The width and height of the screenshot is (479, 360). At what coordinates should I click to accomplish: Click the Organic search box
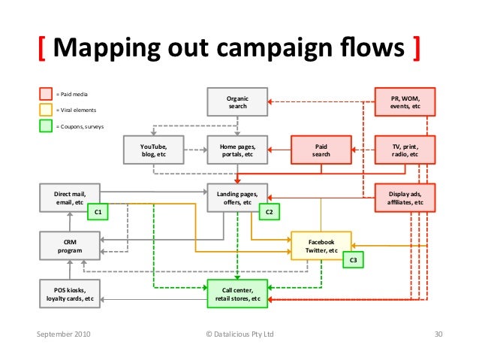(237, 103)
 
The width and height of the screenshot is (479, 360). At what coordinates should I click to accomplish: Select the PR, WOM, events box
(405, 103)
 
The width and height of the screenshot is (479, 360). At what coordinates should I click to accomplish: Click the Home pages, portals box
(237, 150)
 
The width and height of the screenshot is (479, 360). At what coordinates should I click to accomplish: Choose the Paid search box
(321, 150)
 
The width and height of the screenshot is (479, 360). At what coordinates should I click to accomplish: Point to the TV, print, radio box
(405, 150)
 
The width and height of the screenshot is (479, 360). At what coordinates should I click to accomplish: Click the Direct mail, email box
(69, 198)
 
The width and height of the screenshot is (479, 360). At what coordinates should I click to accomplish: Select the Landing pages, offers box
(237, 198)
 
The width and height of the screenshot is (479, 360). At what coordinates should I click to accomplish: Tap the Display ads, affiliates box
(405, 198)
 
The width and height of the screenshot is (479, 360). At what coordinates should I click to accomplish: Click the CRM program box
(69, 244)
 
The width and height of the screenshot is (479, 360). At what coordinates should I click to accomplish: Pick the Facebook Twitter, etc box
(321, 245)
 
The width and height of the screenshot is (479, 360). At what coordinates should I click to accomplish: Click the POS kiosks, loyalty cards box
(69, 293)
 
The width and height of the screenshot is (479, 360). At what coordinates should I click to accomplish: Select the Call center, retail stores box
(237, 293)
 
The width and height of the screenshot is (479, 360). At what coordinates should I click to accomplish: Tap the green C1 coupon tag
(98, 213)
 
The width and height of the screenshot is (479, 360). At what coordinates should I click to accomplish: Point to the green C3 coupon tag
(353, 260)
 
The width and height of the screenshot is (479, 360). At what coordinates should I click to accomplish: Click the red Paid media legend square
(46, 95)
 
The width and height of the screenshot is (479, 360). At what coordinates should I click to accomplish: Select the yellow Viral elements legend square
(46, 110)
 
